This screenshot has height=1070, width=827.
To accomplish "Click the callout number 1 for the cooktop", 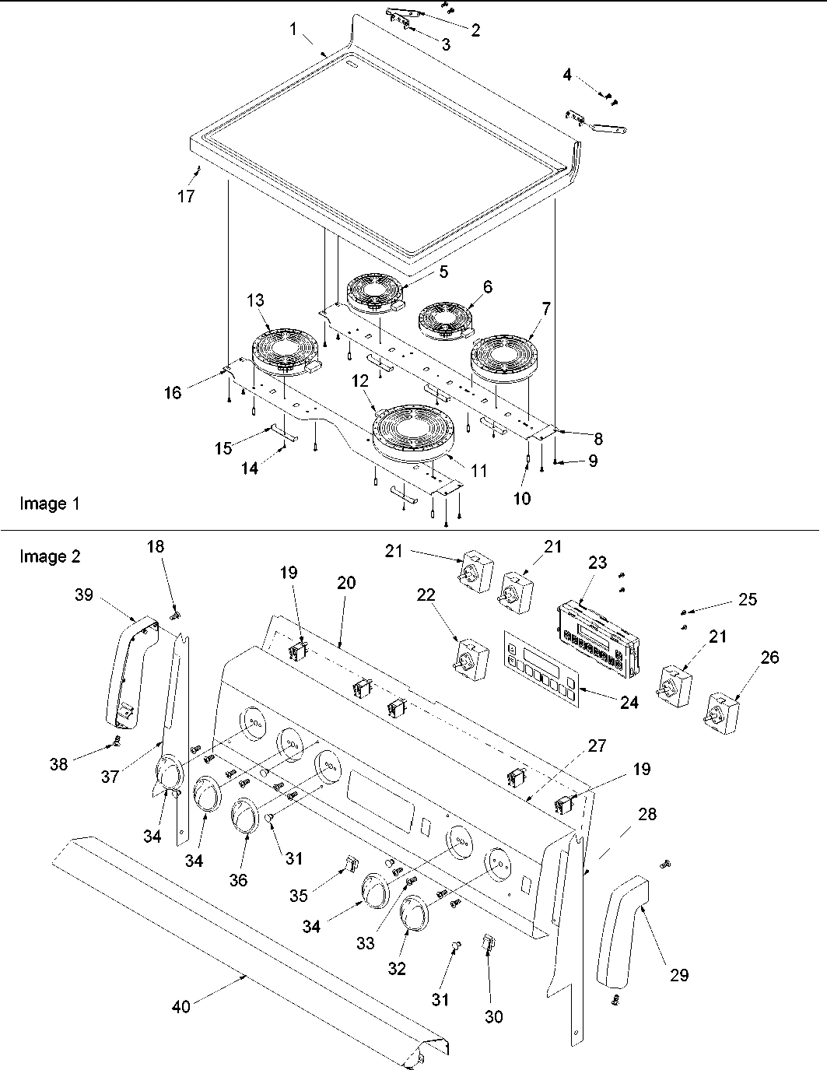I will tap(293, 30).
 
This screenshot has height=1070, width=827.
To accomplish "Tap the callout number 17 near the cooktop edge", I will tap(185, 196).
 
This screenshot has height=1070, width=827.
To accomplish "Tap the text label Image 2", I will tap(49, 556).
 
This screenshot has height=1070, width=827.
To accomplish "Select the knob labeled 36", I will tap(244, 817).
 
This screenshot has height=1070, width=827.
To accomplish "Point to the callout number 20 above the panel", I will tap(346, 582).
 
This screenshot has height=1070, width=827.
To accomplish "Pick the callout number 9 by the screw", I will tap(593, 461).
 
